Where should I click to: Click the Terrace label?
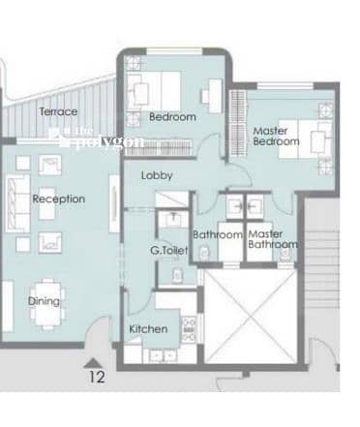coord(58,111)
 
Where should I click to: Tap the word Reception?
coord(59,198)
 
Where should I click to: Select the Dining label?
coord(44,301)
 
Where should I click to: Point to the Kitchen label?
coord(148,329)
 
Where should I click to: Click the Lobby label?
coord(157,175)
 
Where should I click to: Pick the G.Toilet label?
coord(169,250)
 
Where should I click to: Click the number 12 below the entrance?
coord(97,377)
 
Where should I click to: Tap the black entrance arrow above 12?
coord(93,363)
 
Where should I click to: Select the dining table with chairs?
coord(47,304)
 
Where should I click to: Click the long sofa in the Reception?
coord(18,203)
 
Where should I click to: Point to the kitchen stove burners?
coord(189,329)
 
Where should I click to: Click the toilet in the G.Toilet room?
coord(177,275)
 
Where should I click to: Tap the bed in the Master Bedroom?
coord(305,139)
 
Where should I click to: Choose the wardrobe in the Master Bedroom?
coord(238,123)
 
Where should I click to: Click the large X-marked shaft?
coord(251,317)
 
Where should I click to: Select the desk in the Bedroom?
coord(215,96)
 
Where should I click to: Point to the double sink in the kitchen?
coord(164,355)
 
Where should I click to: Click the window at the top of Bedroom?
coord(175,51)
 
